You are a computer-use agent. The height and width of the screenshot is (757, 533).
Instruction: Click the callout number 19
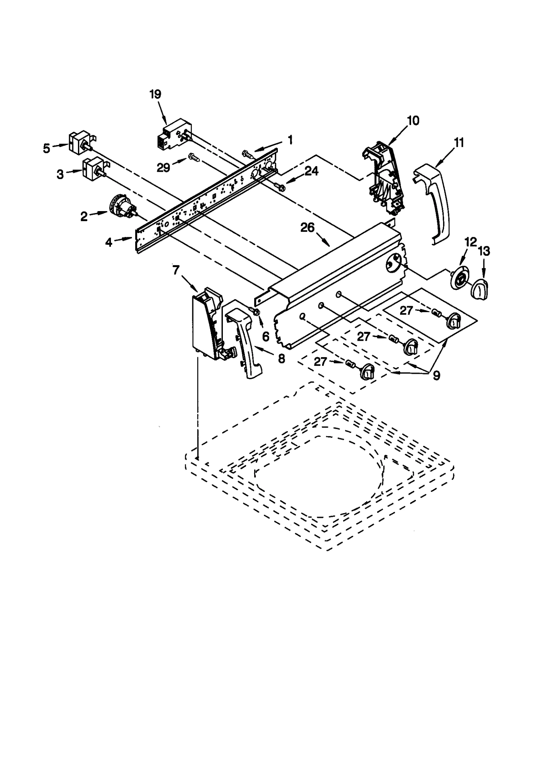155,94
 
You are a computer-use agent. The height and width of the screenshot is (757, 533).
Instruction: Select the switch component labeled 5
79,143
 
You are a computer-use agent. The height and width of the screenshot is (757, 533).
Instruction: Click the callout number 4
109,242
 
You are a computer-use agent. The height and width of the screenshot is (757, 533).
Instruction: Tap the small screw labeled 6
256,312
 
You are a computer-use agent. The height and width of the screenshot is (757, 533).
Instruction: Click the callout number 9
436,375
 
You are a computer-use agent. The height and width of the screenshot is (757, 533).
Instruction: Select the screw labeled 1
248,154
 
